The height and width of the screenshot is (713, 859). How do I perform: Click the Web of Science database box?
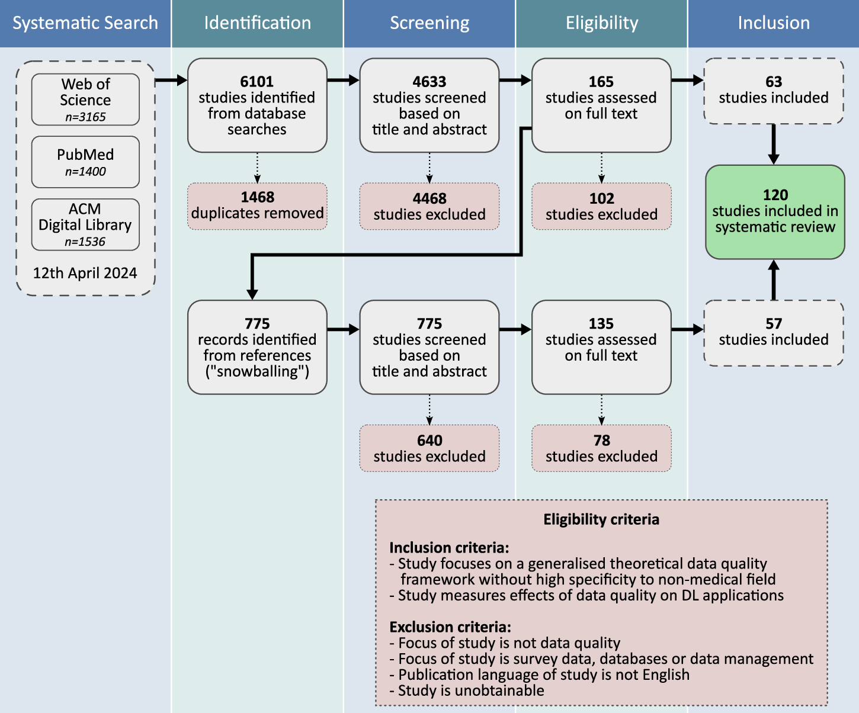coord(85,99)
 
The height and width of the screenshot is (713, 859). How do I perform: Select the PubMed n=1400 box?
coord(85,162)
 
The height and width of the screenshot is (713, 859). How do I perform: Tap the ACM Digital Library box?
coord(85,224)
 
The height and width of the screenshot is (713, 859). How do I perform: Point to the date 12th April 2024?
coord(85,273)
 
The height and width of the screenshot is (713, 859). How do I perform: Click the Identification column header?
coord(257,23)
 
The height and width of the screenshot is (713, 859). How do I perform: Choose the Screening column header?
coord(430,23)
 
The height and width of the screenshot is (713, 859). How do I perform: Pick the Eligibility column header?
coord(601,23)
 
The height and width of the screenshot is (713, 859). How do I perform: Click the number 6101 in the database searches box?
coord(257,82)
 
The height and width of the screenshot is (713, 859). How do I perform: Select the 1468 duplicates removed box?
coord(257,205)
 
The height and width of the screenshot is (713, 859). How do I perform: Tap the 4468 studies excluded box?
coord(430,206)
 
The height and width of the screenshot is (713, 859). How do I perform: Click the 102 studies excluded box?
coord(601,206)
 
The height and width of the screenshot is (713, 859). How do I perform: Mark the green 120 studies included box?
coord(775,211)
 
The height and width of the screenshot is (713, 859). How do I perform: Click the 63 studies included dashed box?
coord(774,91)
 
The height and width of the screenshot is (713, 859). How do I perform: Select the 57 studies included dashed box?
coord(774,332)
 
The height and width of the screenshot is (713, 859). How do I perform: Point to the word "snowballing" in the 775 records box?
coord(257,372)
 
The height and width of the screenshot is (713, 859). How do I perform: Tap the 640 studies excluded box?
coord(430,448)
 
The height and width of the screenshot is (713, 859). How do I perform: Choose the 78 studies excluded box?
coord(601,448)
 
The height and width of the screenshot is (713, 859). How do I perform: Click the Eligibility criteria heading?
coord(601,519)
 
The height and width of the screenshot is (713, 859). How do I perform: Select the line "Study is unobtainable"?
coord(471,690)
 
